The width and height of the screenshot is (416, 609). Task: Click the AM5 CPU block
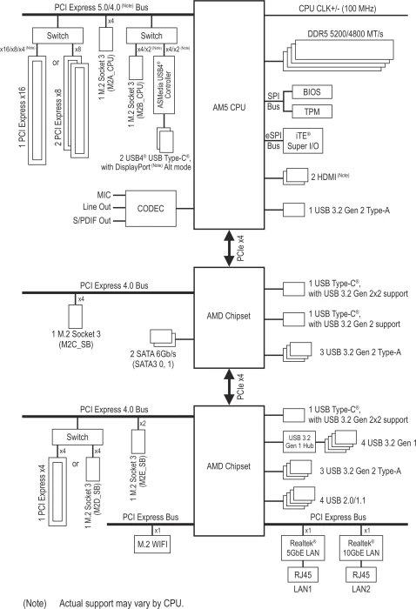coord(229,115)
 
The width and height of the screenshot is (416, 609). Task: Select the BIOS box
coord(312,92)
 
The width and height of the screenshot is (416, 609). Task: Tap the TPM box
coord(312,111)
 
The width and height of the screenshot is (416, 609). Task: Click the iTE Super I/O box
coord(303,141)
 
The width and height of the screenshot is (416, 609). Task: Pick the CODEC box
coord(151,209)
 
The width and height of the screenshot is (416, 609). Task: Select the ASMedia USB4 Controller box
coord(164,84)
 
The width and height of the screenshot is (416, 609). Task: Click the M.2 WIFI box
coord(152,544)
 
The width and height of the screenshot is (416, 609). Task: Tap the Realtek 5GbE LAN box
coord(303,548)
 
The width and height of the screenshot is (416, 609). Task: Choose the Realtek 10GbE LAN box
coord(361,548)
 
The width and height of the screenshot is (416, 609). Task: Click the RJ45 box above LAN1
coord(303,574)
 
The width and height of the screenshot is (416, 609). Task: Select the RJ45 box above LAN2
coord(361,574)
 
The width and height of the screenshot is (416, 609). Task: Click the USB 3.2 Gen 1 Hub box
coord(299,442)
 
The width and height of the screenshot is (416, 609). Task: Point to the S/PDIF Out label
coord(92,221)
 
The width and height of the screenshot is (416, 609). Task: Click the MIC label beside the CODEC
coord(104,195)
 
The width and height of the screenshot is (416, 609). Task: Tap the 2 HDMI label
coord(330,177)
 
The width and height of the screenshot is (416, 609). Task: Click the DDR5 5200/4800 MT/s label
coord(346,34)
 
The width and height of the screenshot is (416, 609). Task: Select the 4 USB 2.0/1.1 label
coord(343,500)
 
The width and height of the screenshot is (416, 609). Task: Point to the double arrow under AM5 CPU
coord(229,248)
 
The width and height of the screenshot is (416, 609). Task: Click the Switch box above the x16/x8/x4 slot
coord(57,36)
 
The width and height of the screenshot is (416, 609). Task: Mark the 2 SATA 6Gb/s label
coord(153,354)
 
